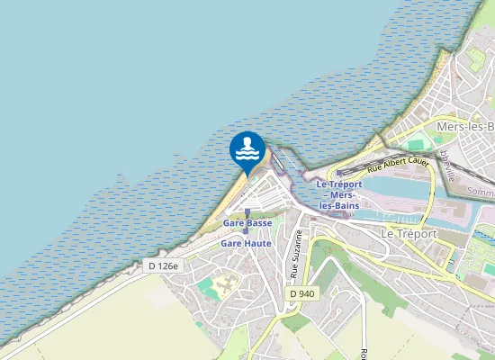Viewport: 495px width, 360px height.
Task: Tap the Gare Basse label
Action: tap(247, 222)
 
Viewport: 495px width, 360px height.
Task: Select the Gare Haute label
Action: tap(247, 243)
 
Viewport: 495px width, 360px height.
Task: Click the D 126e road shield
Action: tap(164, 265)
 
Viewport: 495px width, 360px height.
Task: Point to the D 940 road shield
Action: tap(302, 294)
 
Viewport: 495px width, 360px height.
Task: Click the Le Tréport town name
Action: tap(408, 234)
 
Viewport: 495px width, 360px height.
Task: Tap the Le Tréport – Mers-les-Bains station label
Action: tap(339, 195)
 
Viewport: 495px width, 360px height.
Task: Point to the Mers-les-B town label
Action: tap(464, 128)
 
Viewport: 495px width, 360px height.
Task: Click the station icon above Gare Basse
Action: tap(247, 212)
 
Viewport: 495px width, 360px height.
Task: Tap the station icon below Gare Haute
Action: tap(246, 231)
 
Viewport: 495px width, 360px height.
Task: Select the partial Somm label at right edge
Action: tap(482, 192)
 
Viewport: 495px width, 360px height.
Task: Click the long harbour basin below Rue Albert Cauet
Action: tap(396, 187)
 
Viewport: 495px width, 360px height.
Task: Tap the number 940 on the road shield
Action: tap(307, 294)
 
